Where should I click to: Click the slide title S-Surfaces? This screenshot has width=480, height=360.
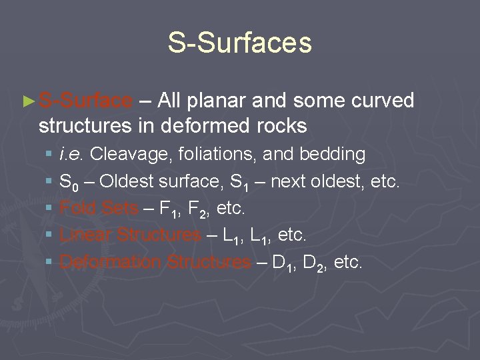[239, 43]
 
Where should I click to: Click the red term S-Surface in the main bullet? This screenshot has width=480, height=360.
[86, 101]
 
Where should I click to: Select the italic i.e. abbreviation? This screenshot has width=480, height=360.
[71, 155]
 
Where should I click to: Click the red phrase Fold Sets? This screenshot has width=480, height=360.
[99, 209]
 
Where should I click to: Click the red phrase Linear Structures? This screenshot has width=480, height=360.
[130, 235]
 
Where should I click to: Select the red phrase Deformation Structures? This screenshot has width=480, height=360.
[155, 262]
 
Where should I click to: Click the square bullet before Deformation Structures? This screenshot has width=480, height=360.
[49, 263]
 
